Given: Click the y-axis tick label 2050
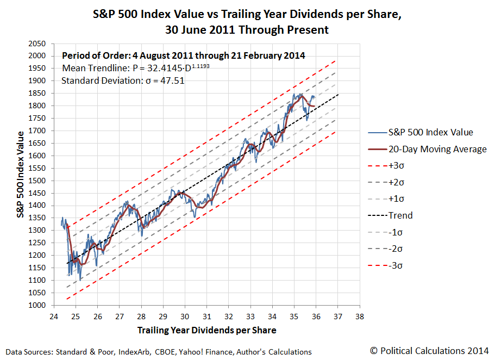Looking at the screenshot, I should [x=36, y=43].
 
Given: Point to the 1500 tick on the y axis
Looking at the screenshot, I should [x=36, y=181].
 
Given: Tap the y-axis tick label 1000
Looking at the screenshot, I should [x=36, y=306].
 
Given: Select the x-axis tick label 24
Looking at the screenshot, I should [x=53, y=315].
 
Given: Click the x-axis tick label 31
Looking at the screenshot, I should [x=206, y=315].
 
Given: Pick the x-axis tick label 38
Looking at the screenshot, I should [x=360, y=315].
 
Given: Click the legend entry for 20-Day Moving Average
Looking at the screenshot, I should [x=437, y=149].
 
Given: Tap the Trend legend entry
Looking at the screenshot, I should [x=400, y=215].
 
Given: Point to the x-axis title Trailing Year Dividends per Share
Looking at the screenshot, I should [x=206, y=330].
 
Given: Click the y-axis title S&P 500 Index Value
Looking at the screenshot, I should [x=21, y=174].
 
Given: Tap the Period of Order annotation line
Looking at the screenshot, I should [x=183, y=55].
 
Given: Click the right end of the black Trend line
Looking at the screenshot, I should [x=337, y=95].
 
